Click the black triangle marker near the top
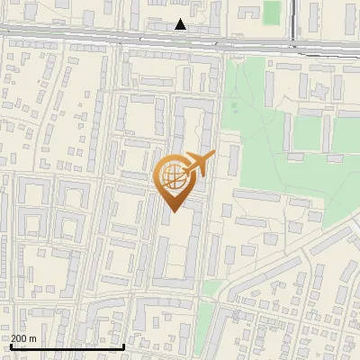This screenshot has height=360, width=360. tap(181, 24)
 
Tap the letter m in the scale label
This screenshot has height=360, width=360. tap(33, 338)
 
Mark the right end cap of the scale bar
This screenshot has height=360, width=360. tap(123, 346)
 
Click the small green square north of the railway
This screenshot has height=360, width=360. tap(272, 12)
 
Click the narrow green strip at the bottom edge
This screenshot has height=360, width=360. tap(202, 328)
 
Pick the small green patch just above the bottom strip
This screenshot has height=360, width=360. tap(211, 288)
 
